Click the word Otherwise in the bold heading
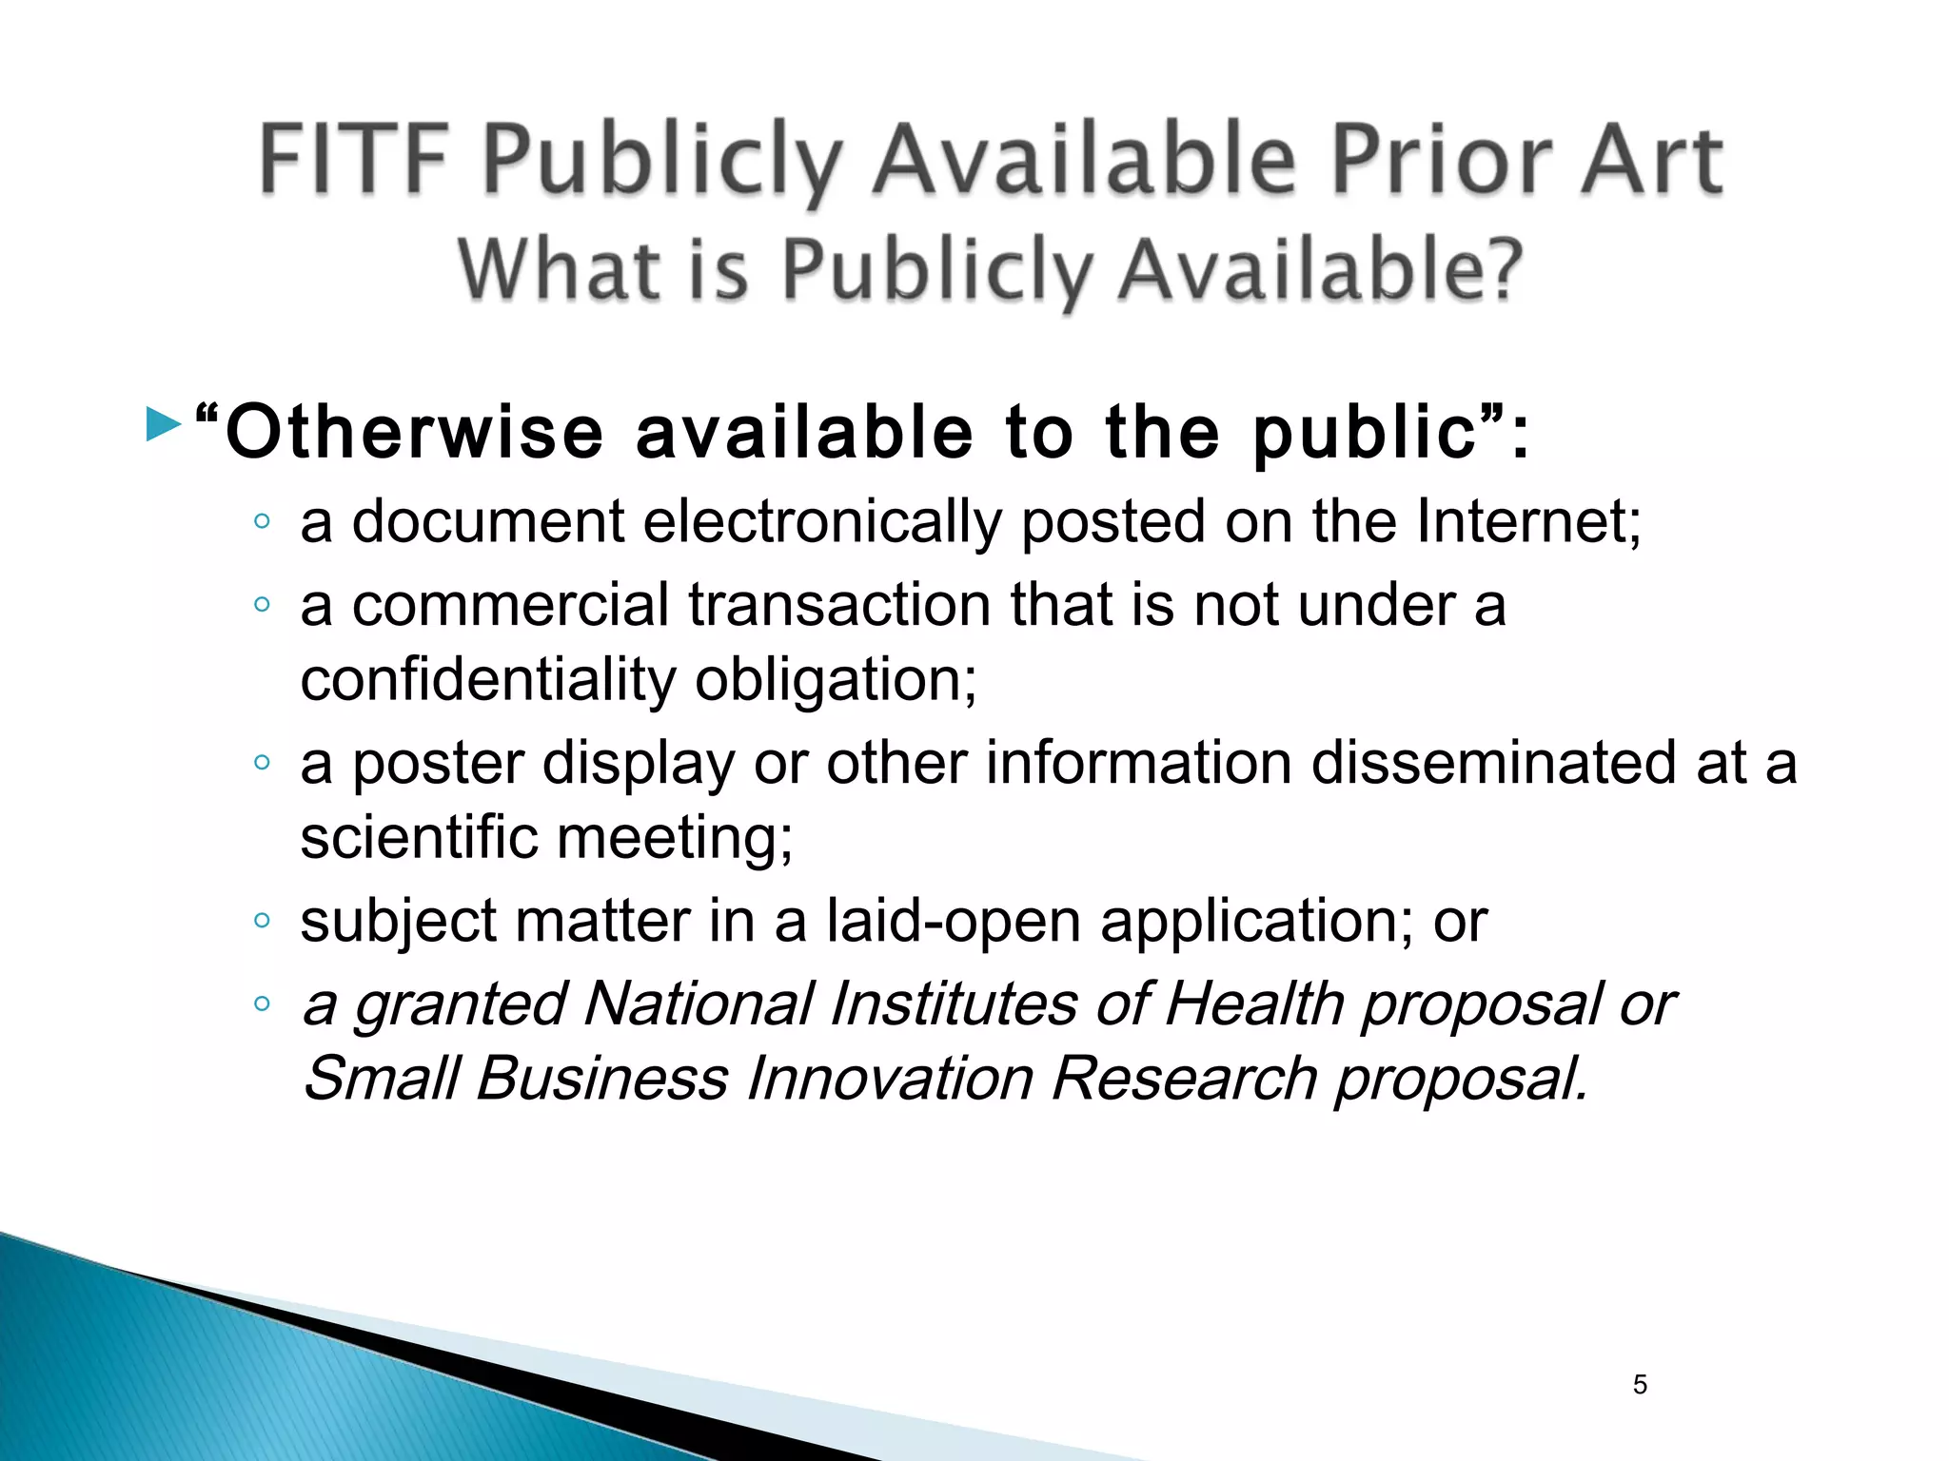coord(415,433)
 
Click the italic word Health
coord(1253,1004)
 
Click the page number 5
coord(1640,1385)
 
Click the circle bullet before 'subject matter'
coord(263,920)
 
